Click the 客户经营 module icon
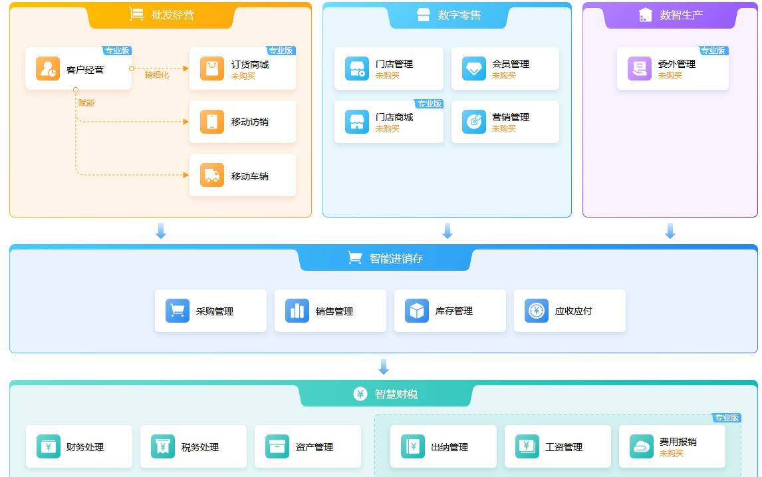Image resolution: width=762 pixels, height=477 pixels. pyautogui.click(x=48, y=69)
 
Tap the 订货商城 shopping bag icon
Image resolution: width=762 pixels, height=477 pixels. pyautogui.click(x=212, y=69)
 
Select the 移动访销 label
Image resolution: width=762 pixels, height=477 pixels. pyautogui.click(x=250, y=122)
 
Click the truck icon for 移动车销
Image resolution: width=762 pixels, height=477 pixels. pyautogui.click(x=212, y=175)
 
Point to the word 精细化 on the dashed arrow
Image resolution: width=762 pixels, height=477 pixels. pyautogui.click(x=156, y=75)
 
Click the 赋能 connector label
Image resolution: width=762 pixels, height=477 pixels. pyautogui.click(x=86, y=103)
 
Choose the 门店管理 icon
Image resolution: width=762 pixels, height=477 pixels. pyautogui.click(x=357, y=69)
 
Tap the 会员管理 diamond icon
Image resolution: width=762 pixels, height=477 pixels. pyautogui.click(x=474, y=69)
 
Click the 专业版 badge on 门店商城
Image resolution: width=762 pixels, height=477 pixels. pyautogui.click(x=429, y=104)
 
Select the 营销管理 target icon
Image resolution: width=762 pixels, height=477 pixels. pyautogui.click(x=474, y=122)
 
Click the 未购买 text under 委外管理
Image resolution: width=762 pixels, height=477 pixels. pyautogui.click(x=670, y=76)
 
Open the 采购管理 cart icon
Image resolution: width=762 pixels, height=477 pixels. pyautogui.click(x=178, y=311)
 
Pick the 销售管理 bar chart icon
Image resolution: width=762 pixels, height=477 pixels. pyautogui.click(x=297, y=311)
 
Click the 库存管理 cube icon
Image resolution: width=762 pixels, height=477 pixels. pyautogui.click(x=416, y=311)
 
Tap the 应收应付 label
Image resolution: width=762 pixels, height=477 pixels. pyautogui.click(x=573, y=311)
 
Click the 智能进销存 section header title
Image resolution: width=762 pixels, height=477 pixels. pyautogui.click(x=396, y=259)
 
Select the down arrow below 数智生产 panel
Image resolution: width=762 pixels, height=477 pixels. pyautogui.click(x=670, y=231)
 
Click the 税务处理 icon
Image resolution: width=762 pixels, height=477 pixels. pyautogui.click(x=162, y=446)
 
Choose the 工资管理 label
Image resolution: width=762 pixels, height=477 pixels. pyautogui.click(x=564, y=447)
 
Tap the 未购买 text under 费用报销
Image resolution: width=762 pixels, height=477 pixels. pyautogui.click(x=671, y=454)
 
